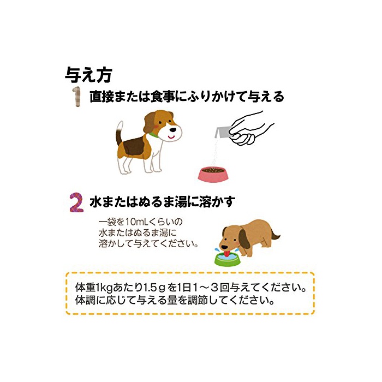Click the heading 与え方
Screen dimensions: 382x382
pos(88,75)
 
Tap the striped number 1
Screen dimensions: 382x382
pos(77,97)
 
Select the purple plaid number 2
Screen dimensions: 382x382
pos(76,202)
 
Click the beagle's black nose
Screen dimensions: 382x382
pos(173,130)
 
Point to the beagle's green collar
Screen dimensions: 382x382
pos(154,134)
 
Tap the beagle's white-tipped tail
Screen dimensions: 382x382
pos(119,133)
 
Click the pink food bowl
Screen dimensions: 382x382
pos(213,174)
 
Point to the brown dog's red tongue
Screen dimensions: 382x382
pos(227,254)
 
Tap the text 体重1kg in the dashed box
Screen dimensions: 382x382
pos(94,288)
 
